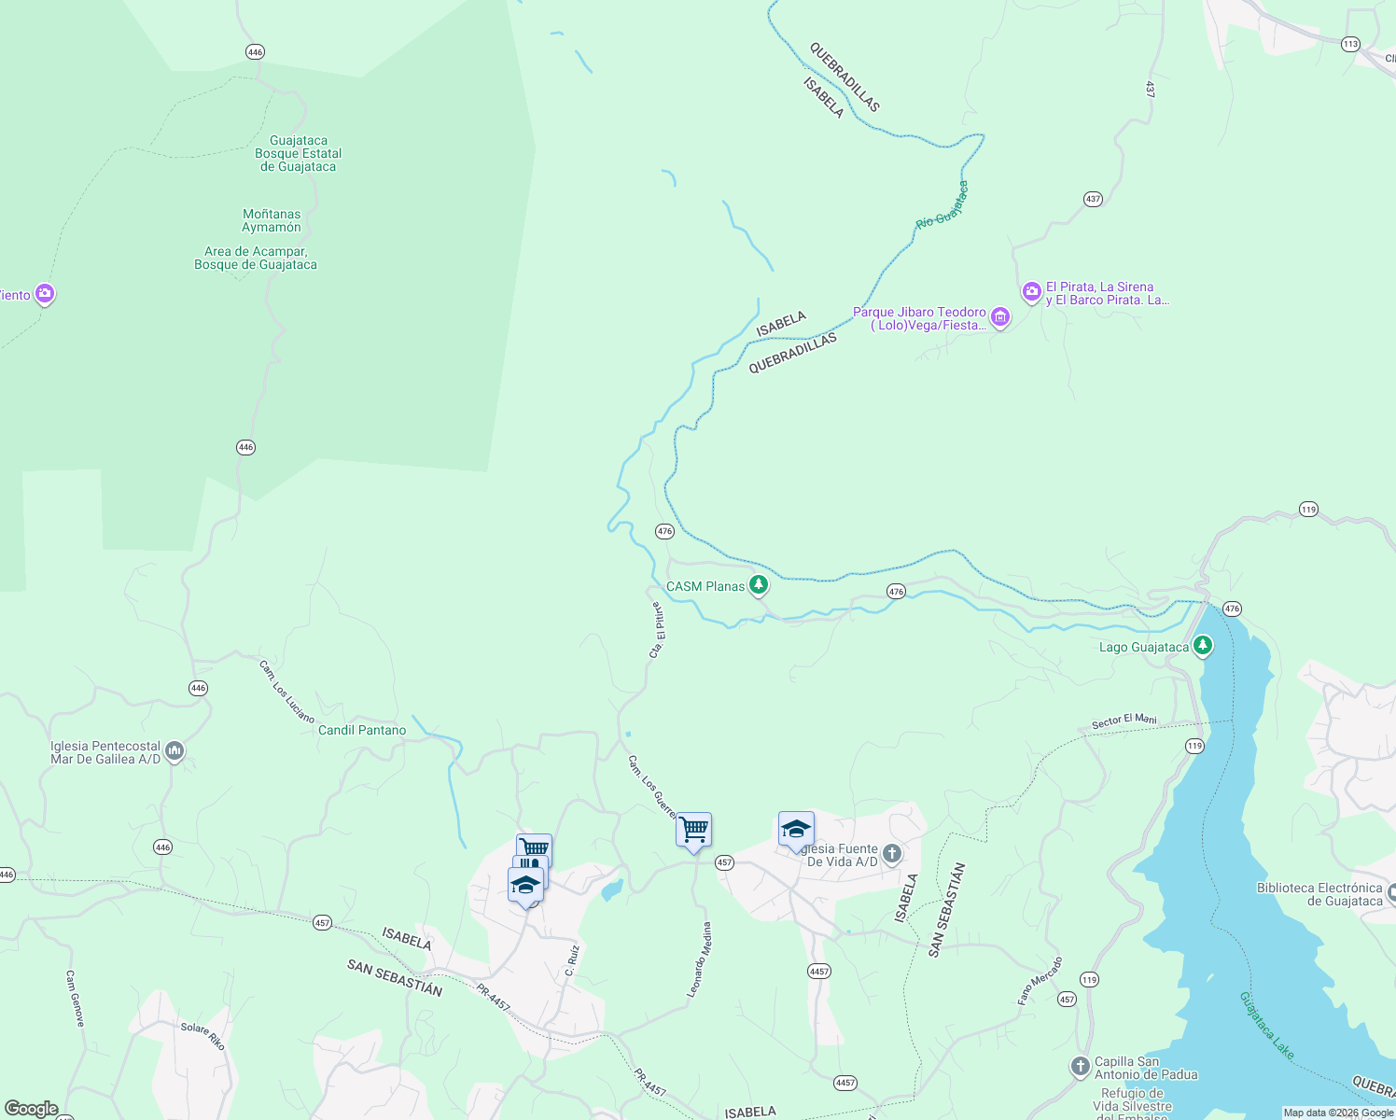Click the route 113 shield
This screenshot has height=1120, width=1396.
(1350, 44)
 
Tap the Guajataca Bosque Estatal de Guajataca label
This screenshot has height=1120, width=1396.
(299, 154)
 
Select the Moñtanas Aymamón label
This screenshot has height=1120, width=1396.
(272, 221)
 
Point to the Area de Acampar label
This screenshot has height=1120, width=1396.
(256, 259)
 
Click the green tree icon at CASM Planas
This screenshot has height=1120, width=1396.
(760, 585)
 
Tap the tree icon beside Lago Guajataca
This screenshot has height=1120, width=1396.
(1203, 646)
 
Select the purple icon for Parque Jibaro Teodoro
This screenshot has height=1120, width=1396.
(1000, 318)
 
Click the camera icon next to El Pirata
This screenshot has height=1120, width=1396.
(1031, 292)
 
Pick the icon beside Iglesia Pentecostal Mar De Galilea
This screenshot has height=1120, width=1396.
(174, 751)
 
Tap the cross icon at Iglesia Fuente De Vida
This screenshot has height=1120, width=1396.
(892, 853)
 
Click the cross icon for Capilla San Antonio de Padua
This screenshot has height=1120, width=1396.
(1080, 1066)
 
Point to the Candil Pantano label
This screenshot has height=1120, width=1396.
(362, 730)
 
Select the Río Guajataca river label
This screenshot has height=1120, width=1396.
(942, 205)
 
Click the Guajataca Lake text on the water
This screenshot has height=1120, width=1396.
(1266, 1025)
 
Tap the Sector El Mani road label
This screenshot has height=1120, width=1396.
(1124, 721)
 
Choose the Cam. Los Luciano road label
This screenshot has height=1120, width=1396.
(286, 692)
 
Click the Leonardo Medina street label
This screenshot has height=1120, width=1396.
(699, 959)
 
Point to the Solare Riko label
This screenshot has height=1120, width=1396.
(202, 1035)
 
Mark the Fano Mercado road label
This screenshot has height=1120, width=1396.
(1040, 980)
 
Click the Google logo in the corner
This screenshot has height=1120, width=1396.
(31, 1108)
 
